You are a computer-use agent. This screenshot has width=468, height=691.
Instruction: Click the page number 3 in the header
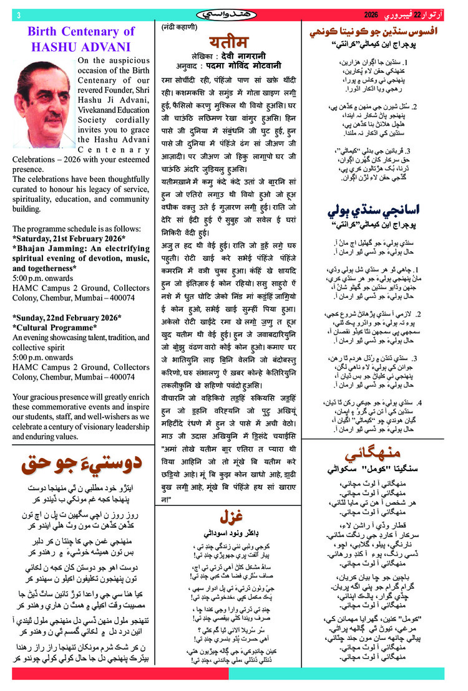(x=19, y=14)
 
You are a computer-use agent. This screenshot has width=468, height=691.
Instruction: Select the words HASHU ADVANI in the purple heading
(x=80, y=46)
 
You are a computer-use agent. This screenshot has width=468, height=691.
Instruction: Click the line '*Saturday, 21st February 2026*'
(x=69, y=238)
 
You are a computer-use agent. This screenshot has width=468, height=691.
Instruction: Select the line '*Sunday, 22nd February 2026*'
(x=67, y=318)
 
